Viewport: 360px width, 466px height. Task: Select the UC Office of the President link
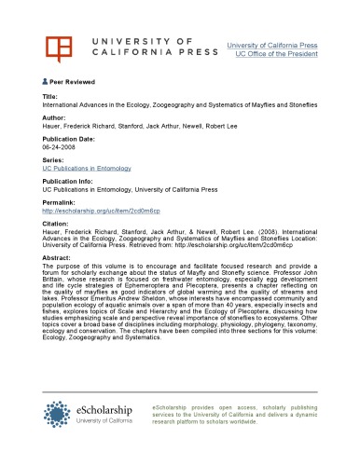[279, 52]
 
